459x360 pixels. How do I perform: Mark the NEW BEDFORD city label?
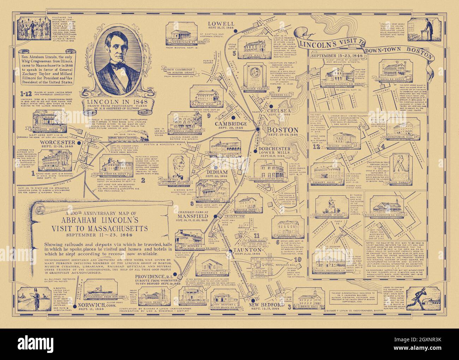[267, 305]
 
